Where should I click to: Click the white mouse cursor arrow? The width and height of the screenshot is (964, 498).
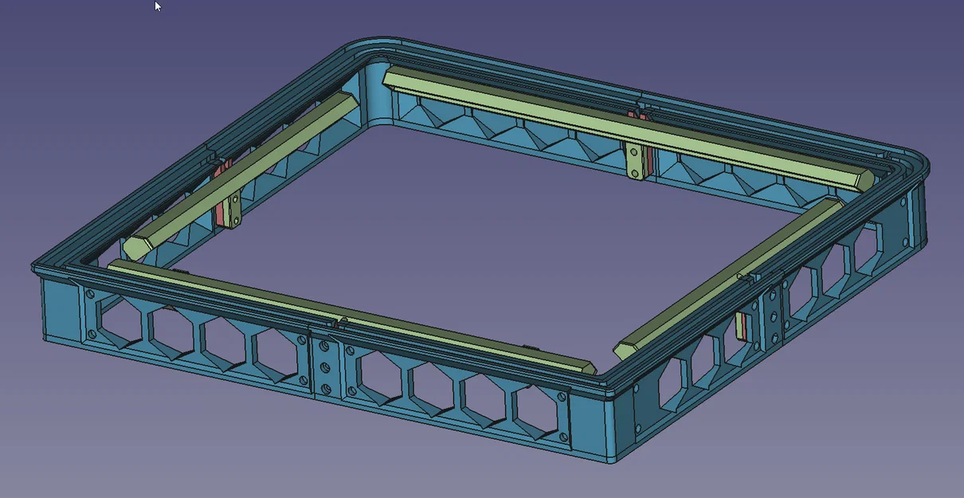(158, 6)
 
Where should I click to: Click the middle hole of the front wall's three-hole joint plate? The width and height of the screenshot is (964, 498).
(325, 368)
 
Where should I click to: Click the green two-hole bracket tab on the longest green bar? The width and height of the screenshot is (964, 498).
(634, 161)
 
